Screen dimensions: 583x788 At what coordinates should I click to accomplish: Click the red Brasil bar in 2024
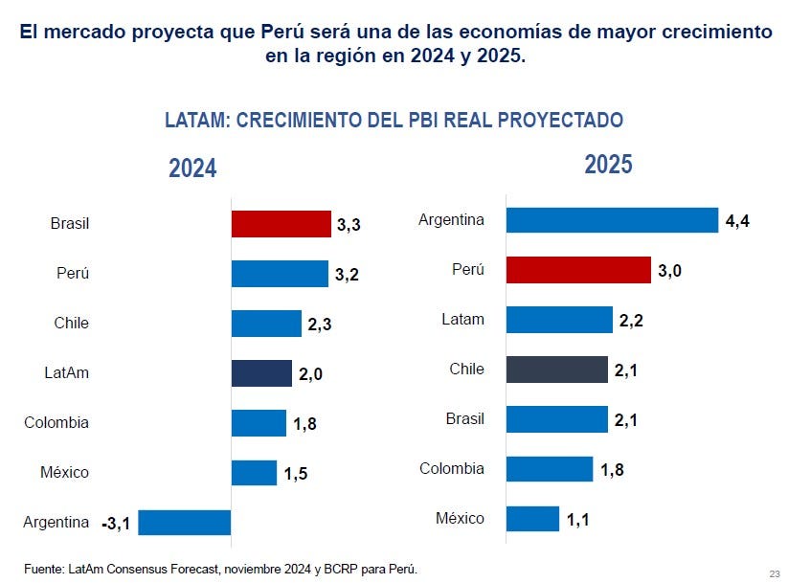coord(281,224)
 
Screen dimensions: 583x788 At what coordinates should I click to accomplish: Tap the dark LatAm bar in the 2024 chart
coord(261,373)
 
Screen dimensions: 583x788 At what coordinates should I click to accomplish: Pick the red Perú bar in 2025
coord(578,270)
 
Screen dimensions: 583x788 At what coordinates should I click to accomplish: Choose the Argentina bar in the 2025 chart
coord(612,220)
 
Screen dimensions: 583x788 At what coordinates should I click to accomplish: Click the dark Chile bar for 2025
coord(556,370)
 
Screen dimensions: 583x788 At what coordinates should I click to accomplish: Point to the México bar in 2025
coord(532,519)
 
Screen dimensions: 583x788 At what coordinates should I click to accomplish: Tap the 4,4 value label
coord(736,221)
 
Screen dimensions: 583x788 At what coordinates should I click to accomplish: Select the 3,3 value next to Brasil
coord(348,225)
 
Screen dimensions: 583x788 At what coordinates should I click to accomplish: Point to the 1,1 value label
coord(577,520)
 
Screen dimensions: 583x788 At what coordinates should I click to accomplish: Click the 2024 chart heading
coord(192,169)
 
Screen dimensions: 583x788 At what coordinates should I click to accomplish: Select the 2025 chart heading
coord(608,165)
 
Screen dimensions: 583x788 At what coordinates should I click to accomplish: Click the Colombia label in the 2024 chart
coord(56,423)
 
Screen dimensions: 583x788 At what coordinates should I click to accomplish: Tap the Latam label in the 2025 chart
coord(464,320)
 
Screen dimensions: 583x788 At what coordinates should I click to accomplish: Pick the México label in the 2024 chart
coord(64,473)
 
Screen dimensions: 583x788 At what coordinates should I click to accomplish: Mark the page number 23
coord(774,572)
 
